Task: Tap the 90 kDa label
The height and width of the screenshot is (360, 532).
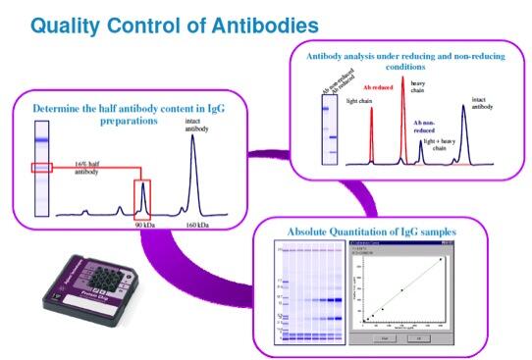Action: (x=142, y=224)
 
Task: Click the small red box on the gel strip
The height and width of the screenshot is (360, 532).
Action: (x=42, y=168)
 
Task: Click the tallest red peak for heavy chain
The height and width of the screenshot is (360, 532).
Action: (x=402, y=108)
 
